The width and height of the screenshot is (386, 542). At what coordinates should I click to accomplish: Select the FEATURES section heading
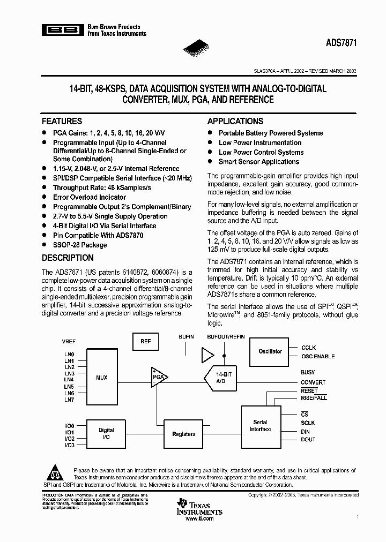point(62,122)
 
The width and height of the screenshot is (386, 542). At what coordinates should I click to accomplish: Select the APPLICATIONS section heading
point(235,122)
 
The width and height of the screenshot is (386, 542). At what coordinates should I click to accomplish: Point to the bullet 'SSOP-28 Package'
point(79,245)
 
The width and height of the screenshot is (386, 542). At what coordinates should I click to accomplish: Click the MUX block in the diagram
point(102,378)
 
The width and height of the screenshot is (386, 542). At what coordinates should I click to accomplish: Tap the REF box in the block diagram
point(146,342)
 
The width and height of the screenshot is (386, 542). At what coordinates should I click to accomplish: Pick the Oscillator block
point(270,351)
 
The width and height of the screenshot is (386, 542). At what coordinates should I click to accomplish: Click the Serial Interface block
point(261,426)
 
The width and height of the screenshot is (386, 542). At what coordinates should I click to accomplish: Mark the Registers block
point(184,434)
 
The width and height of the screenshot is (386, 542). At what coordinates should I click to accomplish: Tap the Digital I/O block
point(106,434)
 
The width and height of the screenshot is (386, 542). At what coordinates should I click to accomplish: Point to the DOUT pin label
point(308,440)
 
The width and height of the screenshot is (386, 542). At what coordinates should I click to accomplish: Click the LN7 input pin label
point(69,400)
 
